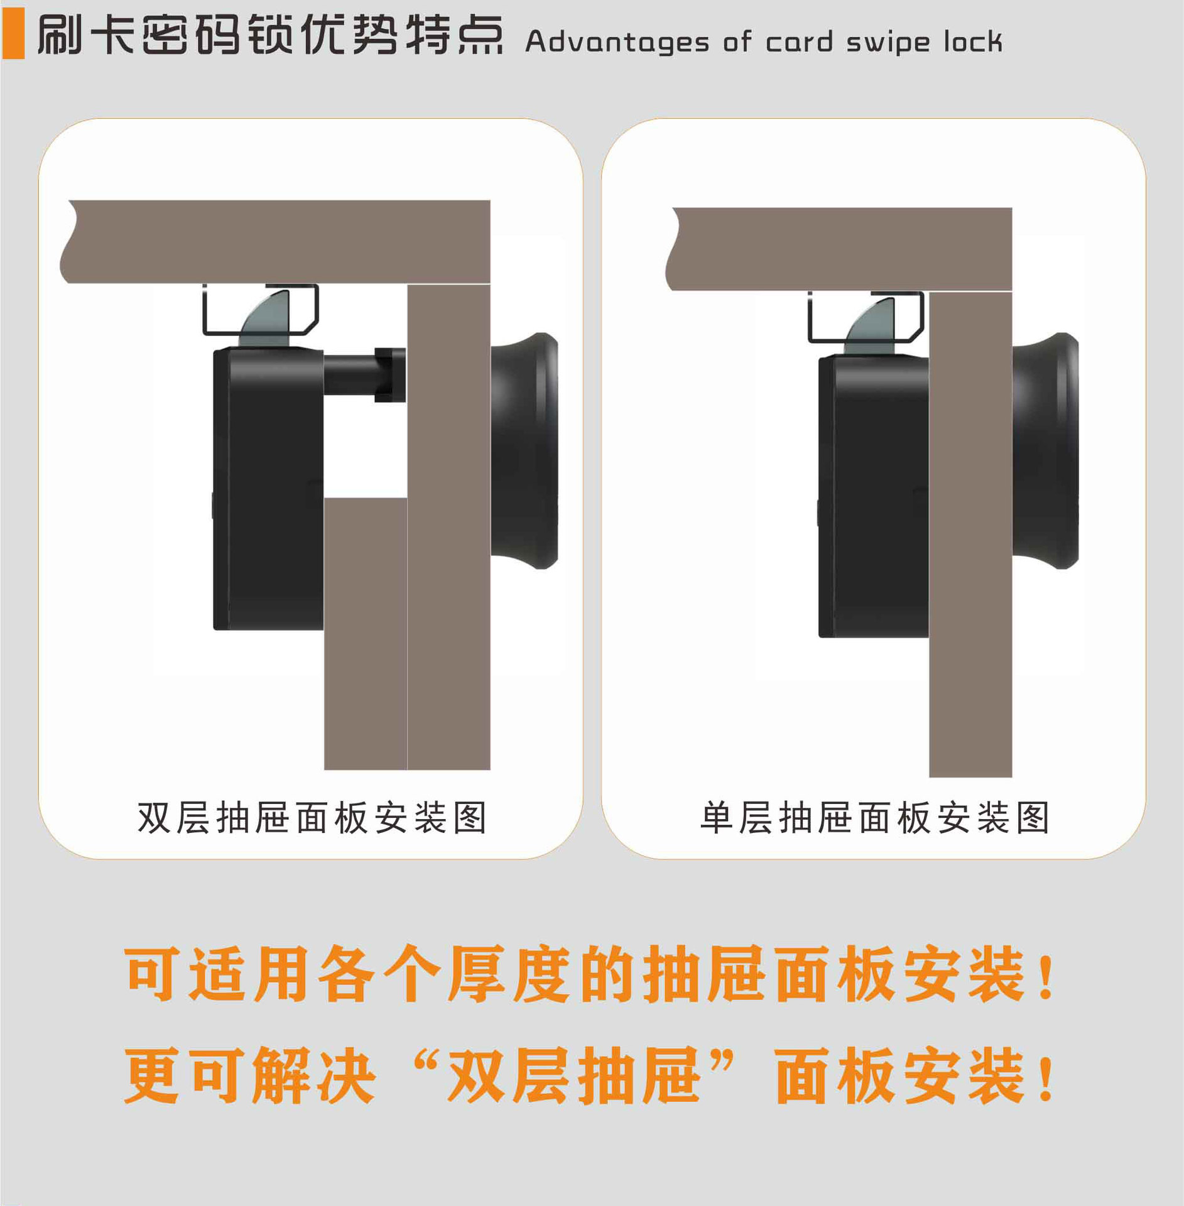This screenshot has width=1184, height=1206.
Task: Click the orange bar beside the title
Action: (13, 35)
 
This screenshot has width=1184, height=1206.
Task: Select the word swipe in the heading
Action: (888, 43)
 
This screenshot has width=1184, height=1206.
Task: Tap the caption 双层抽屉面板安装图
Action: (312, 818)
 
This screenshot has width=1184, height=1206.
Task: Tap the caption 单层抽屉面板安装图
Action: (874, 818)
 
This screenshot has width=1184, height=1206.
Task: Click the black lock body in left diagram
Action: (270, 490)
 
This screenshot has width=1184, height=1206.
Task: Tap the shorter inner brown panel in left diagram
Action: (365, 634)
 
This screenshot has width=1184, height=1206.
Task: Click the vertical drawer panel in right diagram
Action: (970, 534)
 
